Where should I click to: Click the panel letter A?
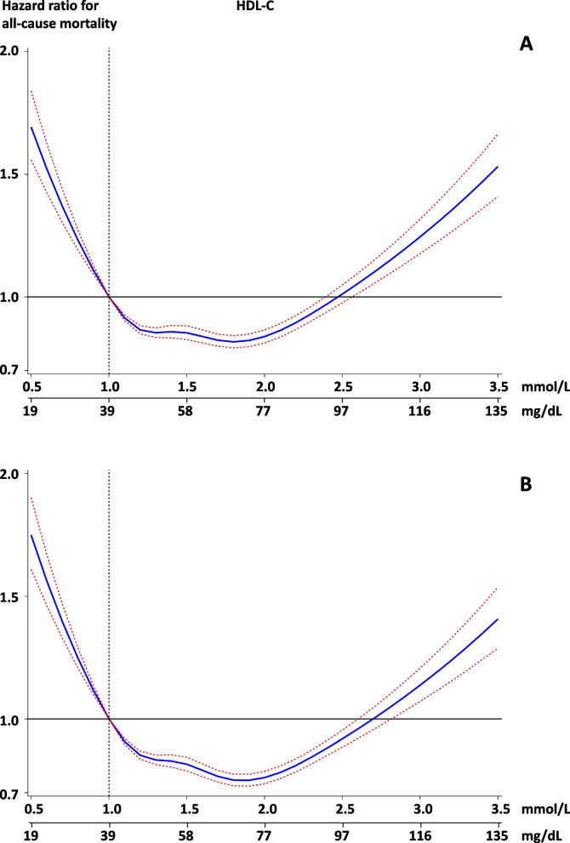click(526, 43)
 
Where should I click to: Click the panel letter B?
click(526, 484)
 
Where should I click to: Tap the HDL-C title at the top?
click(255, 7)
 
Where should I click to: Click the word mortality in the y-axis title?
click(88, 23)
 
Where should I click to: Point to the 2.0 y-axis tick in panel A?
click(9, 51)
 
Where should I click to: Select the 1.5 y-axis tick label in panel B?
click(9, 597)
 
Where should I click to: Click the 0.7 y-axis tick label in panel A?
click(9, 370)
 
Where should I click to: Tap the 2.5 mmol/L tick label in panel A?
click(343, 386)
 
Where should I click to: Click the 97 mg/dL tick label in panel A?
click(341, 411)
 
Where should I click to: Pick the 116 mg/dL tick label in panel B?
click(420, 835)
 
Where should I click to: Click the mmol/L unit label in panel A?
click(545, 387)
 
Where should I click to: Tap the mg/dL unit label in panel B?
click(541, 835)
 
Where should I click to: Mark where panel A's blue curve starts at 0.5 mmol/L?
click(31, 128)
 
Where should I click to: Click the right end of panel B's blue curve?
click(499, 619)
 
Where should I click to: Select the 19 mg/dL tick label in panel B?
click(31, 835)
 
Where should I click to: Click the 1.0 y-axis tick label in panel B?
click(9, 720)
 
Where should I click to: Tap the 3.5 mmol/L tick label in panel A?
click(499, 386)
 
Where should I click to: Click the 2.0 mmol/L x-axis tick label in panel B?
click(267, 809)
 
